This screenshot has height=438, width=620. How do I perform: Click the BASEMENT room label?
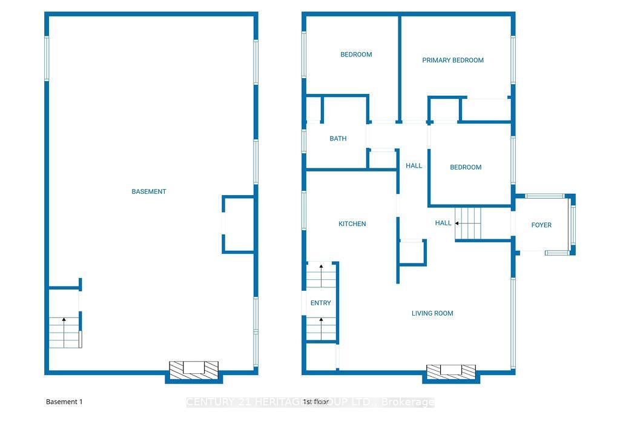tap(149, 191)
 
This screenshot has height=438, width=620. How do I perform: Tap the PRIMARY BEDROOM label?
tap(453, 60)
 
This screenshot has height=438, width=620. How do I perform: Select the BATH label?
tap(338, 139)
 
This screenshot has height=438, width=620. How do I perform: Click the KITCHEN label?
tap(352, 224)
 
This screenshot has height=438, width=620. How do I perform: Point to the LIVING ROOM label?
tap(432, 313)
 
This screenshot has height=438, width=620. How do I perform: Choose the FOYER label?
tap(541, 225)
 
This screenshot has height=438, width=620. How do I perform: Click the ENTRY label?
tap(321, 303)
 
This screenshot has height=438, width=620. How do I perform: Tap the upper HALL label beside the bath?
tap(414, 165)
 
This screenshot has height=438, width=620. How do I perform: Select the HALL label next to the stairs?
tap(443, 223)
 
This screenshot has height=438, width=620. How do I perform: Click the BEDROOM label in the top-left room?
tap(356, 55)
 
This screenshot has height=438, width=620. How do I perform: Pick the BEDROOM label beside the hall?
tap(466, 167)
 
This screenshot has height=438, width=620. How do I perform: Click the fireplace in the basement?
tap(194, 368)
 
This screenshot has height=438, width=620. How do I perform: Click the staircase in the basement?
tap(64, 332)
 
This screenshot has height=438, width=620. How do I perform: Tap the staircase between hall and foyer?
tap(467, 223)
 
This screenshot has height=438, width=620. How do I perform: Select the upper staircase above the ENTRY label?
tap(321, 276)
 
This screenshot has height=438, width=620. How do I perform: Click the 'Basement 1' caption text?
tap(64, 402)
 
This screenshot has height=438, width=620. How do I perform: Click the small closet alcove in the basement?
tap(239, 224)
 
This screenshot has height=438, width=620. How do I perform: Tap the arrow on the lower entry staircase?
tap(321, 320)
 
